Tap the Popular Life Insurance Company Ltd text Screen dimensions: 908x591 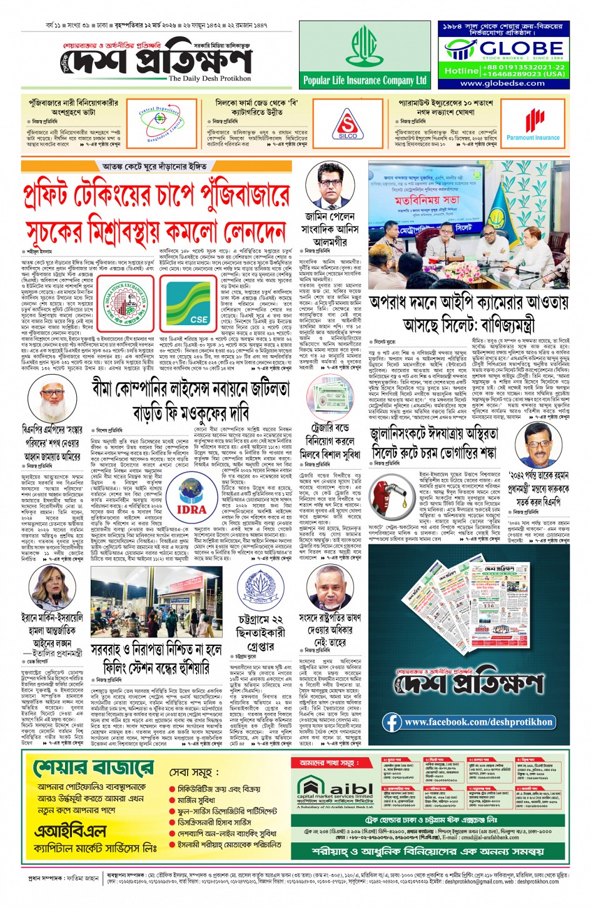tap(365, 81)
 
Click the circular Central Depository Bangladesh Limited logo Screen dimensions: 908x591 tap(161, 123)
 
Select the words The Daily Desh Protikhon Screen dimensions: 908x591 tap(210, 79)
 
